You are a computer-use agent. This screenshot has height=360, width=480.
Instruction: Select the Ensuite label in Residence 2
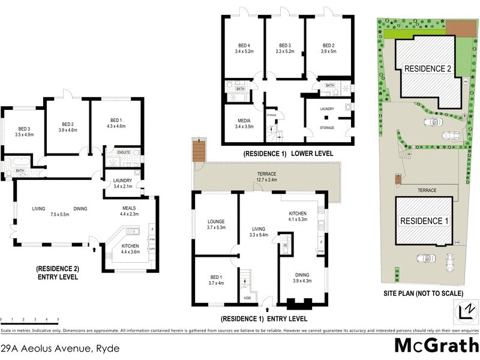pyautogui.click(x=124, y=152)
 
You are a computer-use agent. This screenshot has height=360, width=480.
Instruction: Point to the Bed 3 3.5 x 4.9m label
pyautogui.click(x=24, y=132)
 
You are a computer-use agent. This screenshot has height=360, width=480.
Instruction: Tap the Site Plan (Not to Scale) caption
pyautogui.click(x=424, y=293)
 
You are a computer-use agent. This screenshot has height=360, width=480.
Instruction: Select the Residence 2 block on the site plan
pyautogui.click(x=428, y=69)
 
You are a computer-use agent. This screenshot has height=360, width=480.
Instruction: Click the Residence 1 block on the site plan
pyautogui.click(x=425, y=221)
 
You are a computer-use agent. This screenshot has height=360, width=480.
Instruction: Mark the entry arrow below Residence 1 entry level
pyautogui.click(x=266, y=307)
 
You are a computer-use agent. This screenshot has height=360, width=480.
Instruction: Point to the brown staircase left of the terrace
pyautogui.click(x=196, y=150)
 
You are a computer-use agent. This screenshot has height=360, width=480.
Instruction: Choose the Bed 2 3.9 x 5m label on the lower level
pyautogui.click(x=328, y=49)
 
